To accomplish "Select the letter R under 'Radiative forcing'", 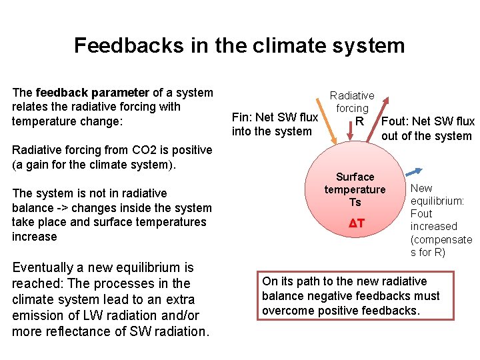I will click(360, 121).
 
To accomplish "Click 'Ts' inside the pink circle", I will click(355, 202).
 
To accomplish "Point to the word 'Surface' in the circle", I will click(355, 177).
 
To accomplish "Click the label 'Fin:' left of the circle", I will click(242, 117).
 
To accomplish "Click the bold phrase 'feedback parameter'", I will click(93, 93).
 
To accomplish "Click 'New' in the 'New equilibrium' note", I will click(421, 189).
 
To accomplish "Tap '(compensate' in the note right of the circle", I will click(441, 239).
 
